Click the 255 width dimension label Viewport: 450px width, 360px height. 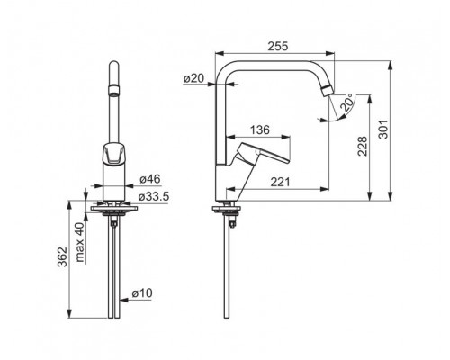pyautogui.click(x=278, y=46)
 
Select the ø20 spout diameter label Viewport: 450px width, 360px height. pyautogui.click(x=193, y=78)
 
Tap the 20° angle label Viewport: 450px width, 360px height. pyautogui.click(x=347, y=103)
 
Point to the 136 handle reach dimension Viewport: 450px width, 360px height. pyautogui.click(x=260, y=130)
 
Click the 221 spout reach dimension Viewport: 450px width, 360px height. pyautogui.click(x=280, y=182)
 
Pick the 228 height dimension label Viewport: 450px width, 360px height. pyautogui.click(x=362, y=146)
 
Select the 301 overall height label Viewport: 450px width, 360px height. pyautogui.click(x=383, y=130)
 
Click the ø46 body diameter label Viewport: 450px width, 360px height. pyautogui.click(x=150, y=179)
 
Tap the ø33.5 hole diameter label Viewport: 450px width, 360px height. pyautogui.click(x=154, y=197)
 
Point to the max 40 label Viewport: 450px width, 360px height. pyautogui.click(x=80, y=242)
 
